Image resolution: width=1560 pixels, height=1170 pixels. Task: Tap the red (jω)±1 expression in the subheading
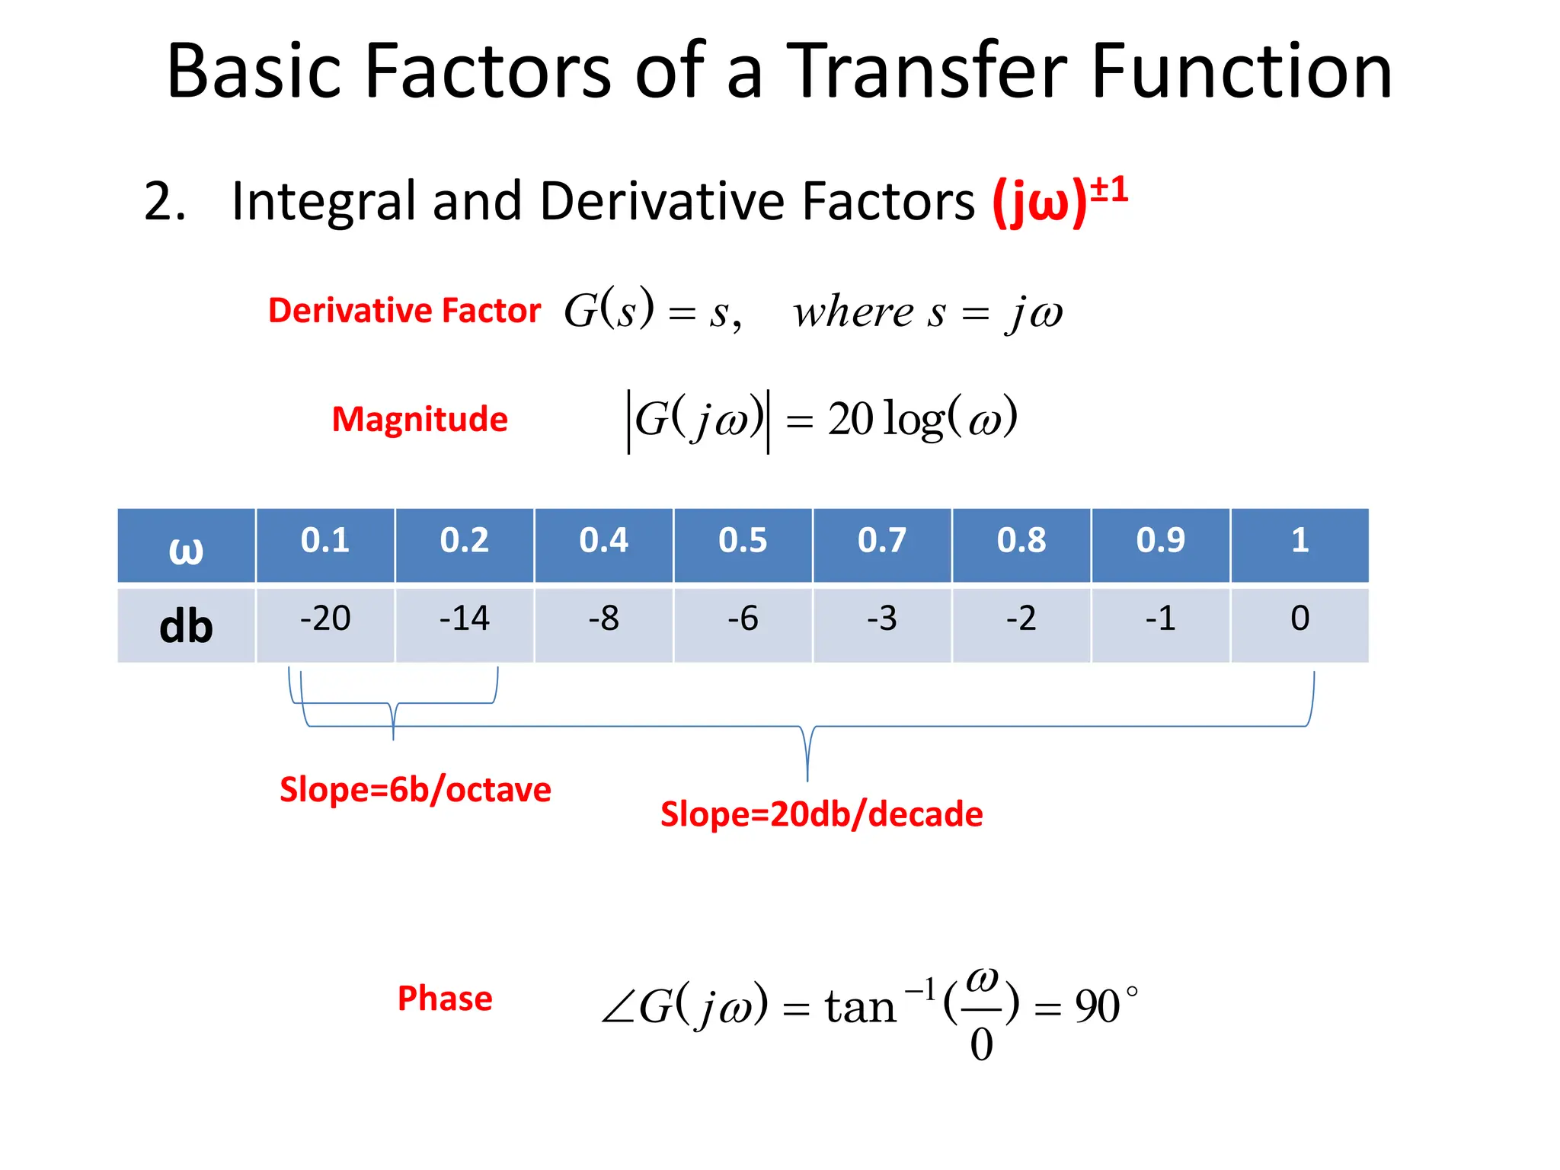(x=1059, y=202)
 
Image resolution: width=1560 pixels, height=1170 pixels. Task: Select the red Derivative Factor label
(x=404, y=311)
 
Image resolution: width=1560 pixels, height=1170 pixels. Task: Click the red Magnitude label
(x=420, y=420)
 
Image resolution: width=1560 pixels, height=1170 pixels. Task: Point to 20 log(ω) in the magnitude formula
(x=922, y=419)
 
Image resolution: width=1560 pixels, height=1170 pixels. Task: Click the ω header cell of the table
(x=186, y=547)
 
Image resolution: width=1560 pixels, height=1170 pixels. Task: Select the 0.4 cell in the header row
(x=603, y=542)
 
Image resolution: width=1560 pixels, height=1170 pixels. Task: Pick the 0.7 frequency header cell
(x=882, y=542)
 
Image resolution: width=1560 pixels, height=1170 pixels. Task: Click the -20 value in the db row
(x=325, y=619)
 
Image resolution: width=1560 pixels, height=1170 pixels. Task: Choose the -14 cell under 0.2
(x=464, y=619)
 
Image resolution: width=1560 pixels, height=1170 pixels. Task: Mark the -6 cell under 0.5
(x=743, y=619)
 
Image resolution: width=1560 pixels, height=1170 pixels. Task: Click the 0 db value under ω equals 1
(x=1299, y=619)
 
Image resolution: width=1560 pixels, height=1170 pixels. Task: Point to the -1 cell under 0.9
(x=1160, y=619)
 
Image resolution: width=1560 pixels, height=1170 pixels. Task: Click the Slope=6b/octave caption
(x=415, y=790)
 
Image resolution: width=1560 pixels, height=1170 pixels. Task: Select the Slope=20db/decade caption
(x=821, y=814)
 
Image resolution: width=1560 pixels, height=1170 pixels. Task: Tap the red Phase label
(x=445, y=999)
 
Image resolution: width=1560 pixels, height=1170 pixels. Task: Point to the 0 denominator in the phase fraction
(x=981, y=1044)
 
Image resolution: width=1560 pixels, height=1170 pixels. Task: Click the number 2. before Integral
(x=165, y=202)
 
